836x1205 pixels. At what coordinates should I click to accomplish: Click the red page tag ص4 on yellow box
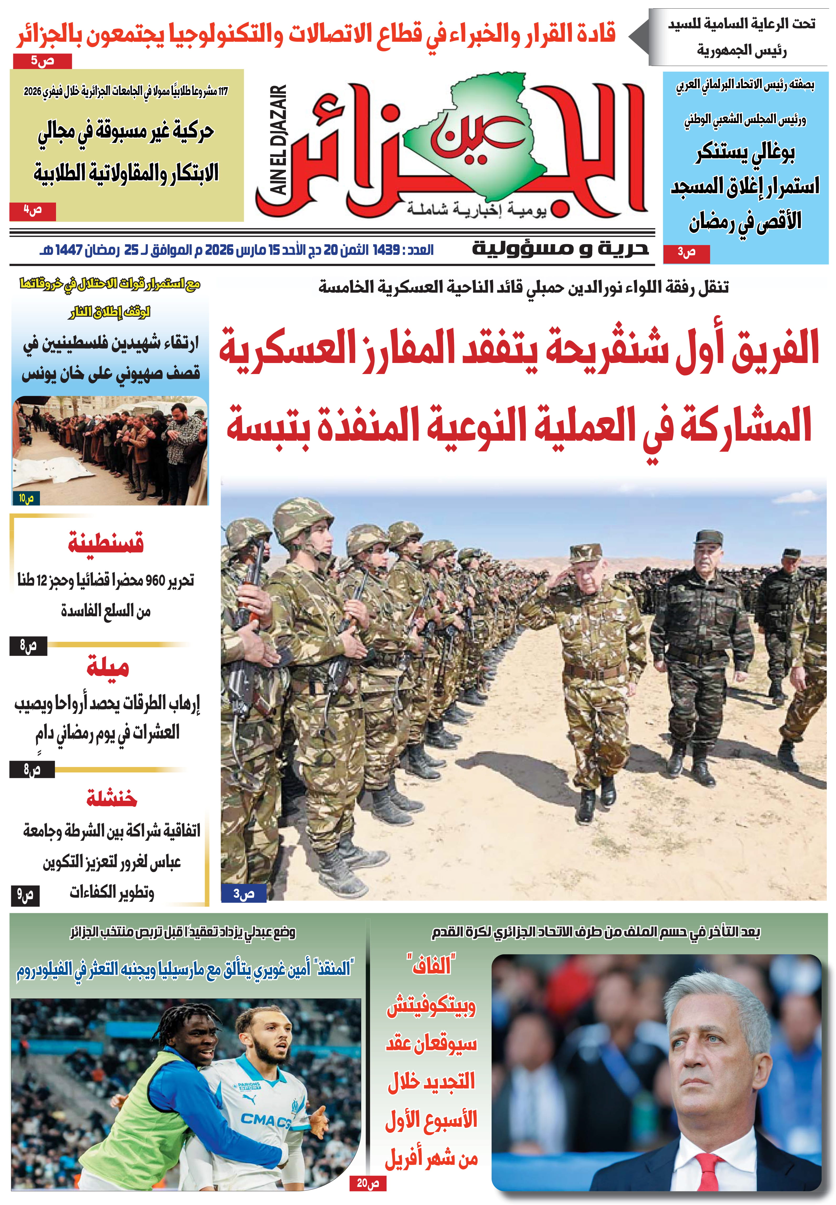coord(33,211)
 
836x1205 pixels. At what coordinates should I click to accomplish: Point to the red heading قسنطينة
coord(106,543)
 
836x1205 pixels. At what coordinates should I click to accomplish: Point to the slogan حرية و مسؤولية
coord(560,248)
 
